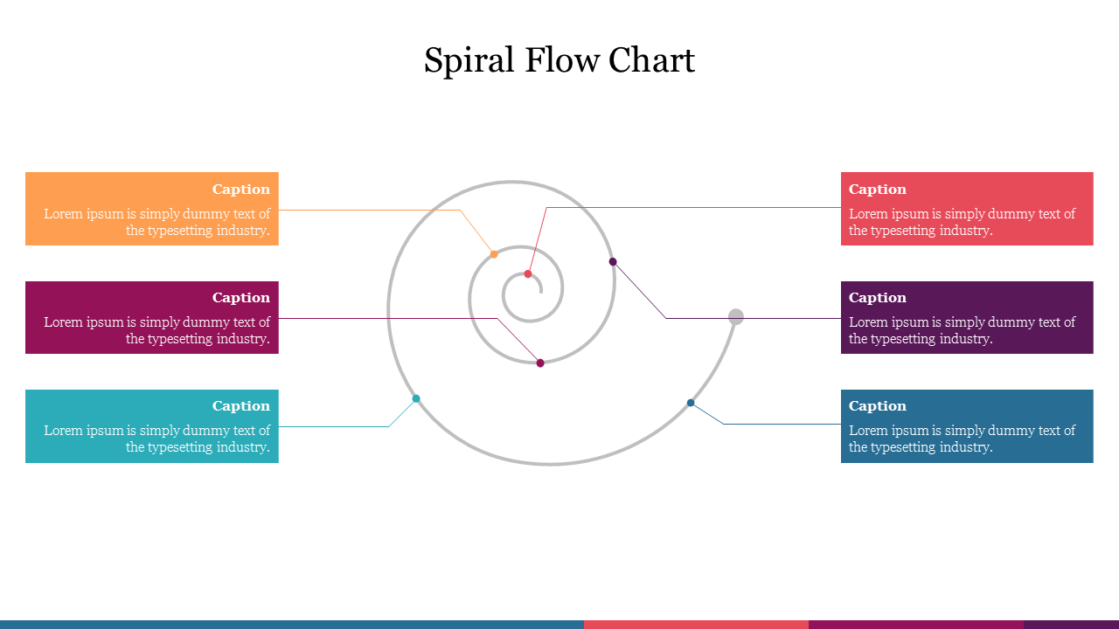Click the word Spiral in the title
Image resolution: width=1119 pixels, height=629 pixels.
[x=469, y=61]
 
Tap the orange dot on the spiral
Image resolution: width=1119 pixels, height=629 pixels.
[x=494, y=254]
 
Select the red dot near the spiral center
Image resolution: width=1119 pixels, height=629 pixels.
[x=528, y=274]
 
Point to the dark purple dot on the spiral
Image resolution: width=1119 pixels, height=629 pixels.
[x=613, y=261]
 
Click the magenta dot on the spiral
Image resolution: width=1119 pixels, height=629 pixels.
[x=540, y=363]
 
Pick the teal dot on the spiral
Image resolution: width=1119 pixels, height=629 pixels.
[x=416, y=398]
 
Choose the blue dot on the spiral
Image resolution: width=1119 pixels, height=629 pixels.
[x=691, y=403]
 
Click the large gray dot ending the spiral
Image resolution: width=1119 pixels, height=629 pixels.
[x=736, y=316]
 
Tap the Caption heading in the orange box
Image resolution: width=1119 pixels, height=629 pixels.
[x=241, y=190]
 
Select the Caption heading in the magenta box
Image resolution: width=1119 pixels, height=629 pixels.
[x=241, y=298]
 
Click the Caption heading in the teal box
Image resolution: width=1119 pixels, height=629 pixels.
[x=241, y=406]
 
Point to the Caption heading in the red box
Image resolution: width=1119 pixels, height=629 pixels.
[x=878, y=190]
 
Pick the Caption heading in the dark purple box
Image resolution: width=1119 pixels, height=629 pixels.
[x=878, y=298]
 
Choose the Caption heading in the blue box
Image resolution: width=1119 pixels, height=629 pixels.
[x=878, y=406]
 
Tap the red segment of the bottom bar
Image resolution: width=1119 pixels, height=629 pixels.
[x=696, y=624]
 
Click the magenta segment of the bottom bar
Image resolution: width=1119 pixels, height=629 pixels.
[x=915, y=624]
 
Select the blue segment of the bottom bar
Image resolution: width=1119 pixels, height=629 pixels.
[x=291, y=624]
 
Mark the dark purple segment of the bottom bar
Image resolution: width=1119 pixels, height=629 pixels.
[x=1071, y=624]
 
